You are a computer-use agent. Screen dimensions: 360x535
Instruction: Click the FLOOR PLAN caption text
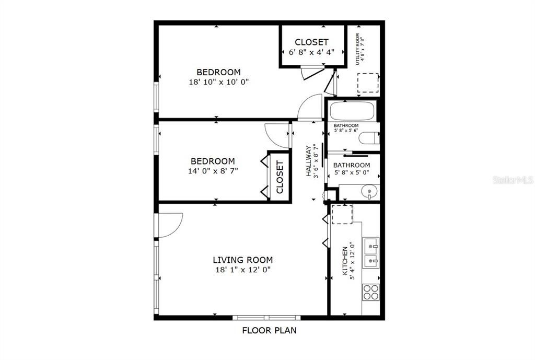tap(269, 330)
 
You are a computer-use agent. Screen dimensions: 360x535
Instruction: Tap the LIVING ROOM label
tap(242, 260)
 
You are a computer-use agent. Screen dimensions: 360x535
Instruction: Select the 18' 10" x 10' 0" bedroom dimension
tap(218, 82)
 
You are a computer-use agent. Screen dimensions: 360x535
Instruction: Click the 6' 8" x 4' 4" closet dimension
tap(311, 52)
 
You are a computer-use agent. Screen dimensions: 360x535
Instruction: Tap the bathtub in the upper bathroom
tap(352, 110)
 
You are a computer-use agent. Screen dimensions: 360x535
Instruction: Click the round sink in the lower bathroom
tap(369, 193)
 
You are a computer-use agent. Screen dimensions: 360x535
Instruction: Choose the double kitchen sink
tap(371, 252)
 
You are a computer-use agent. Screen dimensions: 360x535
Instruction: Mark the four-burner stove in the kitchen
tap(371, 292)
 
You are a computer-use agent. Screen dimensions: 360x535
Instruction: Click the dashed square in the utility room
tap(368, 83)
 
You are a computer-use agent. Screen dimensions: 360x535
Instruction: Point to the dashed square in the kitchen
tap(342, 214)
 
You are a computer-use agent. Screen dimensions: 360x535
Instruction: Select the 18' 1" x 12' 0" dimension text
tap(242, 270)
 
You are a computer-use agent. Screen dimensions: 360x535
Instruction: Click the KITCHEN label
tap(344, 261)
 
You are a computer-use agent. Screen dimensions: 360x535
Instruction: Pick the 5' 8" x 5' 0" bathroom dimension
tap(352, 175)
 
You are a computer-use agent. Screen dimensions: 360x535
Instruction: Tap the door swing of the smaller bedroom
tap(275, 133)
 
